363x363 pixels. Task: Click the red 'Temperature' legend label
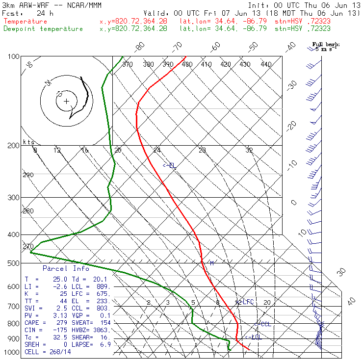pyautogui.click(x=26, y=22)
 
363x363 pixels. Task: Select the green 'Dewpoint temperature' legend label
pyautogui.click(x=43, y=28)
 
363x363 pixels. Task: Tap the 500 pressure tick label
pyautogui.click(x=13, y=263)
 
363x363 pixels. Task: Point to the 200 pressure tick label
pyautogui.click(x=13, y=146)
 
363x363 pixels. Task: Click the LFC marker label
pyautogui.click(x=246, y=302)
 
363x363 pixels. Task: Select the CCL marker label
pyautogui.click(x=265, y=324)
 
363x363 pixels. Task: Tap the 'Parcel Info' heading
pyautogui.click(x=66, y=268)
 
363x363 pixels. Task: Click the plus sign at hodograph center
pyautogui.click(x=66, y=102)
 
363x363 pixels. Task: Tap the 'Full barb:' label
pyautogui.click(x=326, y=45)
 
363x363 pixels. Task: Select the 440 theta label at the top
pyautogui.click(x=266, y=64)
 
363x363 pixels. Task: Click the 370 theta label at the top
pyautogui.click(x=128, y=64)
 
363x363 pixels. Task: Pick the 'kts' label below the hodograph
pyautogui.click(x=27, y=142)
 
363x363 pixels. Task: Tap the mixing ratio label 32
pyautogui.click(x=249, y=150)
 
